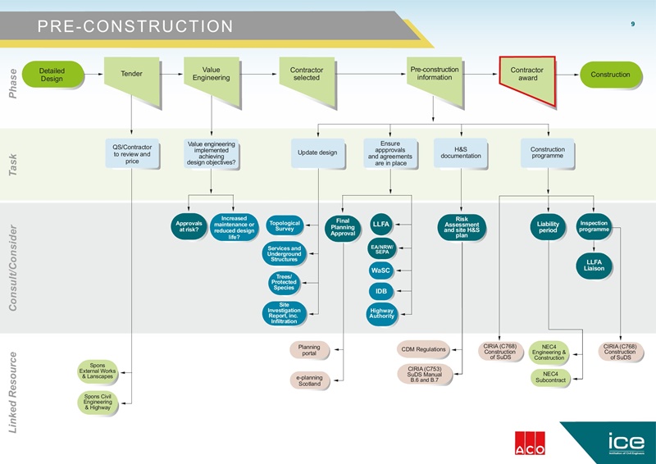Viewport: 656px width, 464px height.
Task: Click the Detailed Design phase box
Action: point(51,74)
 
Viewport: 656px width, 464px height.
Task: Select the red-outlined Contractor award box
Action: point(527,75)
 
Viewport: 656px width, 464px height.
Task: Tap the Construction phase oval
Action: point(610,75)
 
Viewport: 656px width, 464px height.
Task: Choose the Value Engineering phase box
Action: point(211,74)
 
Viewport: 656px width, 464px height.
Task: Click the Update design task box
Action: point(317,152)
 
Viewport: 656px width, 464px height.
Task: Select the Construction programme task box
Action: point(547,152)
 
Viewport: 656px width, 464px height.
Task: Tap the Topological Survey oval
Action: point(285,226)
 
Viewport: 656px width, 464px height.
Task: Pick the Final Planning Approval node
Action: point(343,228)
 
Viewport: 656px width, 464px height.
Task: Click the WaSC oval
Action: point(380,270)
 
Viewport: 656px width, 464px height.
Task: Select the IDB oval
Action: point(381,291)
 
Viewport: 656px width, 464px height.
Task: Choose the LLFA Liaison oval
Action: point(594,266)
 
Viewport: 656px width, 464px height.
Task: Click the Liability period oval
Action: point(548,227)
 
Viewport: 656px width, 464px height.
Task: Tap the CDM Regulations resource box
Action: point(423,350)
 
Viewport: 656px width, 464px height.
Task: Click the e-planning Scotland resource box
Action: point(309,380)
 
